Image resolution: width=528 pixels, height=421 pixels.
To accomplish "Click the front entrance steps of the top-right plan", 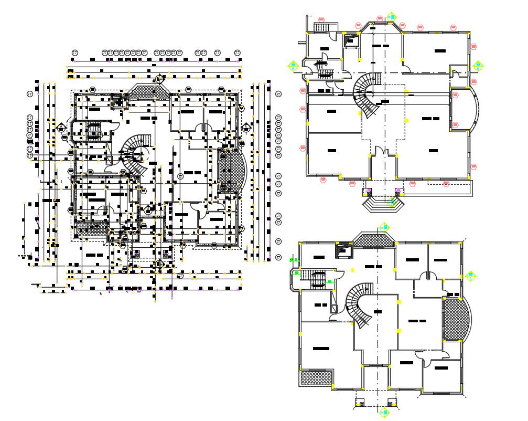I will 383,202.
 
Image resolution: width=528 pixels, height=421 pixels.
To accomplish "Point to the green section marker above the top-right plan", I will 391,17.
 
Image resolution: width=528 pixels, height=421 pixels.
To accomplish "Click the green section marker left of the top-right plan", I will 293,66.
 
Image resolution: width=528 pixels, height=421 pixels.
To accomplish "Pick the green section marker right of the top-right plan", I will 478,66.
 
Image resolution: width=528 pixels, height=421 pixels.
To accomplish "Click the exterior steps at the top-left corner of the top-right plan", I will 321,28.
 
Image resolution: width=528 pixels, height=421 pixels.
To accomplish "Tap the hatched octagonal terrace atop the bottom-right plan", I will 373,239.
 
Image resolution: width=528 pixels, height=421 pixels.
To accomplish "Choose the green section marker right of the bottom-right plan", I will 470,276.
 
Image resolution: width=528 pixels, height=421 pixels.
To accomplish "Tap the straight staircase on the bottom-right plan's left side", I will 318,279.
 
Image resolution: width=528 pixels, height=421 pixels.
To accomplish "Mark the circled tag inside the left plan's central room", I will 180,175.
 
